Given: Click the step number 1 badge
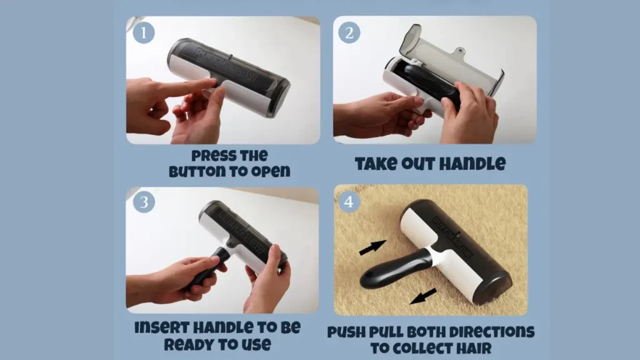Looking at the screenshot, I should (144, 33).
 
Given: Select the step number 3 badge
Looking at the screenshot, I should (144, 202).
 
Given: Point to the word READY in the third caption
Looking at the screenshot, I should (186, 344).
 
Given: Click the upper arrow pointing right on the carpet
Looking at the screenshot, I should (372, 247).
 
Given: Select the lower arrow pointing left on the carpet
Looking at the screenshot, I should (423, 296).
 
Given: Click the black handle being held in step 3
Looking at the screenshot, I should (206, 269).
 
